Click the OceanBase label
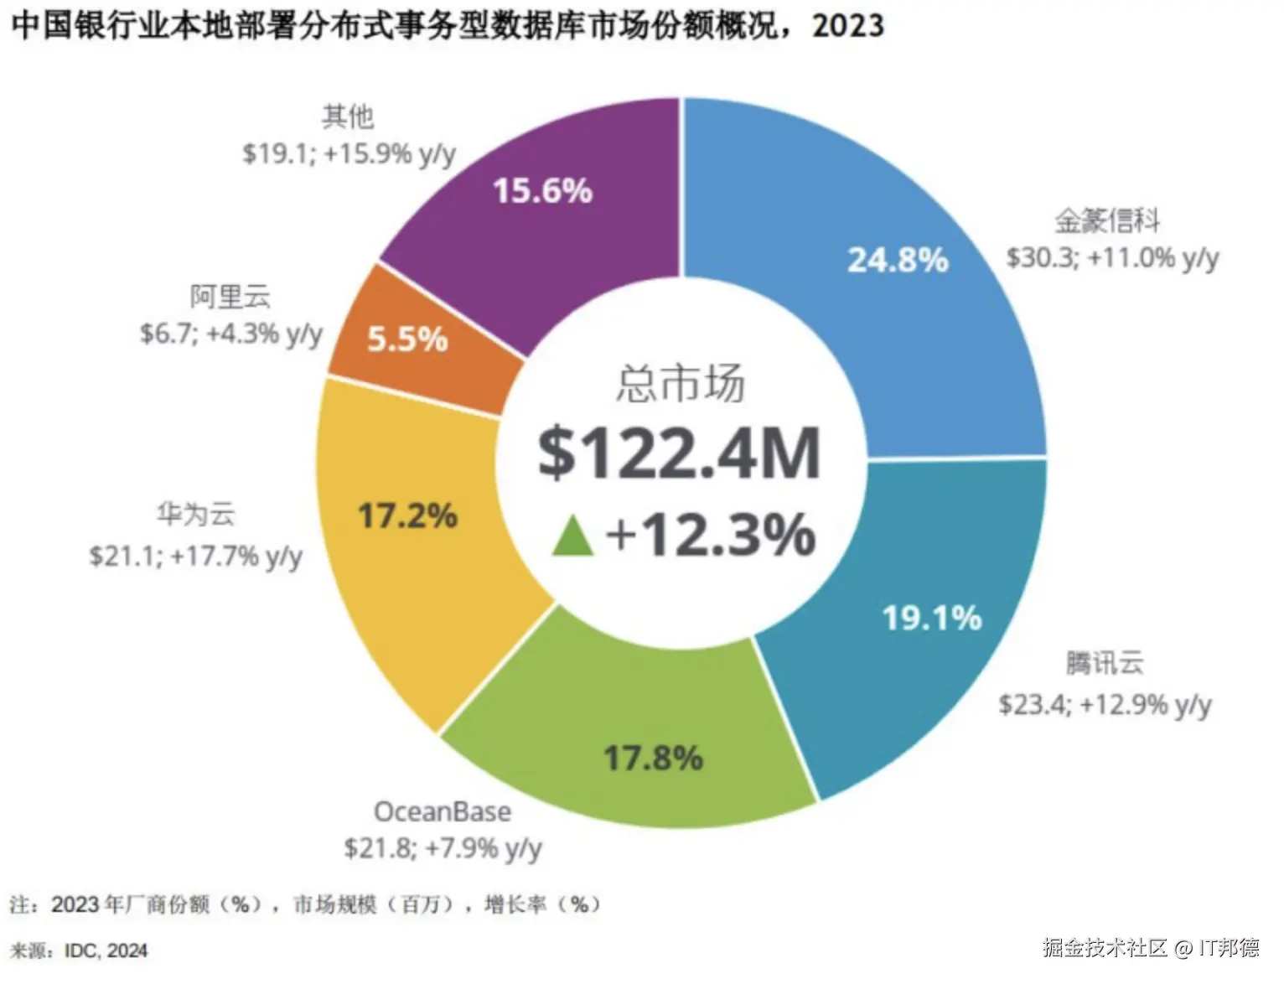pos(442,811)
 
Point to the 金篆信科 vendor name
pos(1107,220)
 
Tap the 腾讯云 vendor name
pos(1105,663)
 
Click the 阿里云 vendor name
pos(230,297)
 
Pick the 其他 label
pos(348,117)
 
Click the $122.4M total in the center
pos(679,454)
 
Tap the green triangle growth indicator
pos(573,537)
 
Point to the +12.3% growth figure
pos(711,535)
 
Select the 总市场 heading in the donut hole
pos(680,384)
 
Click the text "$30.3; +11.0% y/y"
pos(1112,258)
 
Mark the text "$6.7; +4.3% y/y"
pos(231,334)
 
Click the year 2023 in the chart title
pos(847,26)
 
